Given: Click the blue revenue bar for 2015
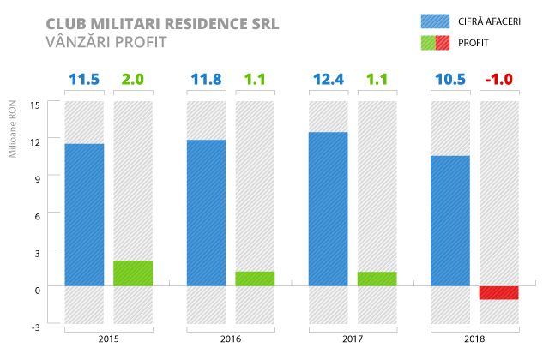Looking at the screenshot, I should (84, 214).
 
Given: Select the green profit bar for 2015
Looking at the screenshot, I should (133, 273).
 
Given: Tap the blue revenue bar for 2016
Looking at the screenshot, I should (206, 213).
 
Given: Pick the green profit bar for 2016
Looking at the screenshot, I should (255, 279).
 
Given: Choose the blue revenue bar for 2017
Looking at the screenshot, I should (328, 208).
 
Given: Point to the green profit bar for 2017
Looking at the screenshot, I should (377, 279).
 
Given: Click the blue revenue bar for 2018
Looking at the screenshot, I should (449, 220).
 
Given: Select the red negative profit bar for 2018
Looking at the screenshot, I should (498, 292).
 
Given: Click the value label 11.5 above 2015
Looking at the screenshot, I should (84, 80).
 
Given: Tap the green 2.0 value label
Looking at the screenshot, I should (133, 80).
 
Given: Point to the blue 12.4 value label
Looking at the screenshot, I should (328, 80).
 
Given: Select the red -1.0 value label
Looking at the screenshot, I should (498, 80).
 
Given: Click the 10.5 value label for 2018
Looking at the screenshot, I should (449, 80).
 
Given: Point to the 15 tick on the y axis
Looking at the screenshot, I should (35, 105).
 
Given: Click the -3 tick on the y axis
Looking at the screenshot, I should (35, 327).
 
